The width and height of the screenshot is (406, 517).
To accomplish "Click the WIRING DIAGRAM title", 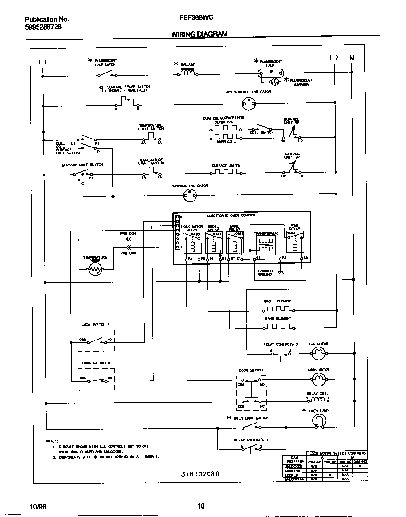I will (x=199, y=34).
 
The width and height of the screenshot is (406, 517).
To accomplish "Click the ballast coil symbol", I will (x=188, y=73).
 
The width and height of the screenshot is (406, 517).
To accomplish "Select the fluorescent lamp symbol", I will (x=270, y=72).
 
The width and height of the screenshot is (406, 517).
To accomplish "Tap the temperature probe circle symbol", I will (x=96, y=270).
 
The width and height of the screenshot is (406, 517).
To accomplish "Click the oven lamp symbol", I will (x=320, y=420).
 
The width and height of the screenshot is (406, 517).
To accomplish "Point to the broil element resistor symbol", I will (x=278, y=309).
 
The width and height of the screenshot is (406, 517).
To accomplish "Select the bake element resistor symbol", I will (x=278, y=327).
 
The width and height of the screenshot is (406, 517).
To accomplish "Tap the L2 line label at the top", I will (x=334, y=58).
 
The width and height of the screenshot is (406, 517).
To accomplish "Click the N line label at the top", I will (x=351, y=58).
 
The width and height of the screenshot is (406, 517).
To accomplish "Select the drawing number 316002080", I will (x=200, y=474).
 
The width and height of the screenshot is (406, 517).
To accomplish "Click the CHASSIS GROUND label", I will (x=265, y=272).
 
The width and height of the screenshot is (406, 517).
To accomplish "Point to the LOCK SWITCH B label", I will (x=95, y=363).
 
